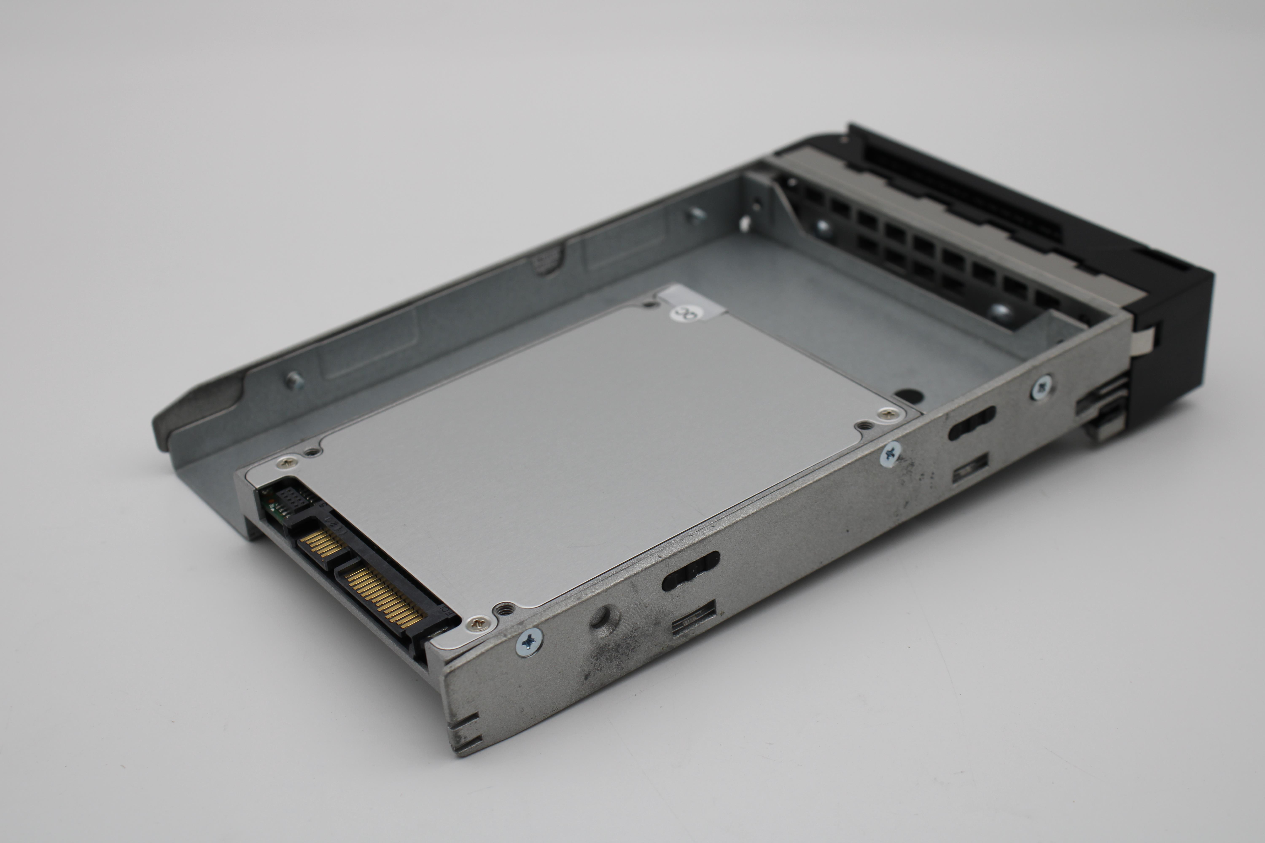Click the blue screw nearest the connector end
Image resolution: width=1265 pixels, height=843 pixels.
pyautogui.click(x=529, y=640)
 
